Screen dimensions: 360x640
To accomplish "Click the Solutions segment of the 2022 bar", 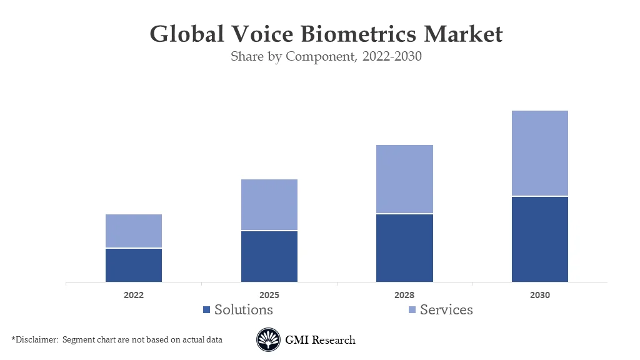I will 134,266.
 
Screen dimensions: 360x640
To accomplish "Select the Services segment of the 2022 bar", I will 134,231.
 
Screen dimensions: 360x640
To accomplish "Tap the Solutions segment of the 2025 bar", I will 269,257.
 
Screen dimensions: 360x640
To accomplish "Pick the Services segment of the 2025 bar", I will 269,205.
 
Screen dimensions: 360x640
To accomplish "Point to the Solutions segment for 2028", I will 404,248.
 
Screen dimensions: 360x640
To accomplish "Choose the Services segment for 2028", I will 404,179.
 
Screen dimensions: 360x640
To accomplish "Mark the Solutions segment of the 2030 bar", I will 540,239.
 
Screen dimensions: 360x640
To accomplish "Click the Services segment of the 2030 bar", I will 540,153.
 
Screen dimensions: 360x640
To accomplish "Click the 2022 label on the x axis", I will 134,295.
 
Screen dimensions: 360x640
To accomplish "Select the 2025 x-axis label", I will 269,295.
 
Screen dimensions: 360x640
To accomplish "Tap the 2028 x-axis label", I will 404,295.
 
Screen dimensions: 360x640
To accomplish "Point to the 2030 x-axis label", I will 540,295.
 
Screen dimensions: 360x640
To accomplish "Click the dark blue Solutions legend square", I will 207,310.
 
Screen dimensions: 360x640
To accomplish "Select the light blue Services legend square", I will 412,310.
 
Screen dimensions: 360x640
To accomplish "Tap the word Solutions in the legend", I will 244,309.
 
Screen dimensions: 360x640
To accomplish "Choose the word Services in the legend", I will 446,309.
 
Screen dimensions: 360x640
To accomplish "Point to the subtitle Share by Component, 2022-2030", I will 326,57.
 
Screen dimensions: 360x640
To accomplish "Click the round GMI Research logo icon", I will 268,340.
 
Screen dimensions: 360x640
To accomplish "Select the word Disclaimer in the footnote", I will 36,339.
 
